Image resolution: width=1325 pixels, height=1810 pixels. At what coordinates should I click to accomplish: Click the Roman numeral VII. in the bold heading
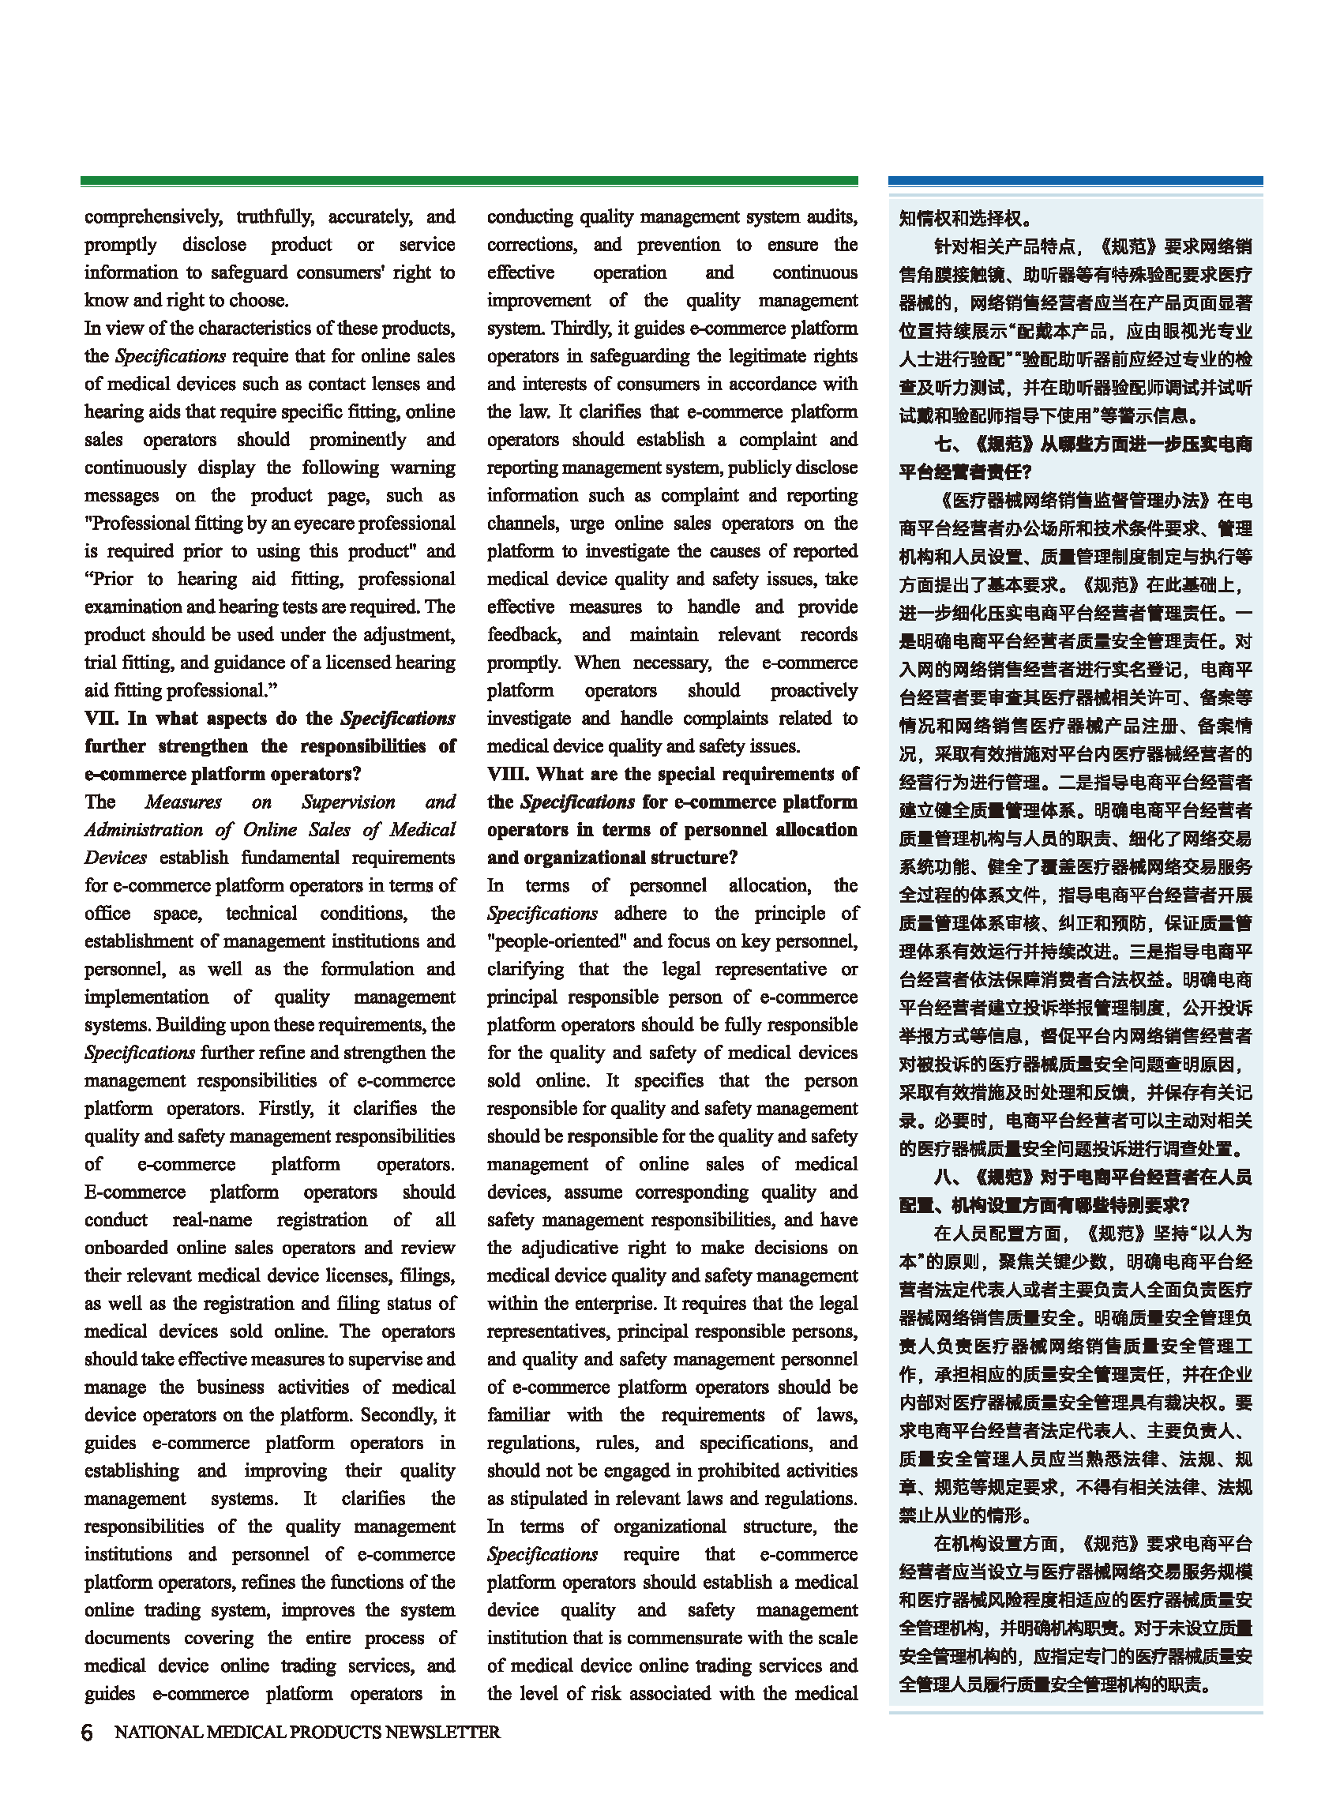[102, 719]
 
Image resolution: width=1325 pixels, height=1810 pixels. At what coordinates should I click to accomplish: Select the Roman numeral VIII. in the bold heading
[508, 774]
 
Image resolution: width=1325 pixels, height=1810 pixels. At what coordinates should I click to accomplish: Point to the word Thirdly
[580, 328]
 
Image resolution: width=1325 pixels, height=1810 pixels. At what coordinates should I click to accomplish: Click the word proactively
[813, 690]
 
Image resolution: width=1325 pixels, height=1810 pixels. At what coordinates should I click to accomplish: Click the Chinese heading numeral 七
[944, 445]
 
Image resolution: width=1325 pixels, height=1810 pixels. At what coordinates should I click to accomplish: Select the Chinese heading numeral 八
[944, 1177]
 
